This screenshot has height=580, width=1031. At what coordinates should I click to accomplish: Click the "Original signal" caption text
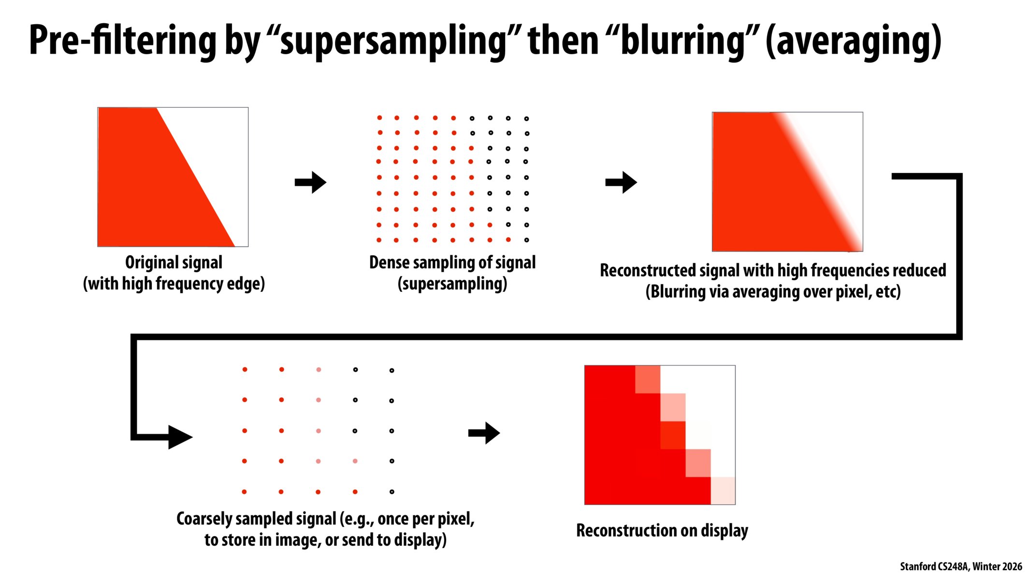pyautogui.click(x=174, y=262)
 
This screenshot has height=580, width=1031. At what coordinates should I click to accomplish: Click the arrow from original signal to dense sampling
pyautogui.click(x=310, y=182)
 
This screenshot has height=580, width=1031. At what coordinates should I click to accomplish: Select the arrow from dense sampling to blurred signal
pyautogui.click(x=621, y=182)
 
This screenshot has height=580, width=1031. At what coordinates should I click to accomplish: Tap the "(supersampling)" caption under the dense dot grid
pyautogui.click(x=452, y=284)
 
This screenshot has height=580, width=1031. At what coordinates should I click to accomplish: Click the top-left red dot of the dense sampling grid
pyautogui.click(x=379, y=117)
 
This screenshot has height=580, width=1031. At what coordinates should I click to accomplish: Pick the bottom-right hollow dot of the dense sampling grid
pyautogui.click(x=526, y=240)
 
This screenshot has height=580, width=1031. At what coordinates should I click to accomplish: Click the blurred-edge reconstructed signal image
pyautogui.click(x=787, y=182)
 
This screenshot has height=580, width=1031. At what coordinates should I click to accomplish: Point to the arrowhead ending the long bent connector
pyautogui.click(x=180, y=437)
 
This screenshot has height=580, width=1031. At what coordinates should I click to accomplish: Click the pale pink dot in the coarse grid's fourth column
pyautogui.click(x=355, y=461)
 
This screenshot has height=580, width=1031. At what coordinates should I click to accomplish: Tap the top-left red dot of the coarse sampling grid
pyautogui.click(x=245, y=369)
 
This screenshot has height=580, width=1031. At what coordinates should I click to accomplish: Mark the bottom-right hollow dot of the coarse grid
pyautogui.click(x=392, y=492)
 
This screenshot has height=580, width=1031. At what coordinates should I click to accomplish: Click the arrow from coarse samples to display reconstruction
pyautogui.click(x=484, y=433)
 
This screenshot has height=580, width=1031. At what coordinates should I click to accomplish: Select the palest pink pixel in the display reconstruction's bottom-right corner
pyautogui.click(x=723, y=491)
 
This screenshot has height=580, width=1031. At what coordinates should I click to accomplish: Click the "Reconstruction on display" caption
pyautogui.click(x=662, y=531)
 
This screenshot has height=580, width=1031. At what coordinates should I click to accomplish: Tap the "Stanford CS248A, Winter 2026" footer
pyautogui.click(x=961, y=566)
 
